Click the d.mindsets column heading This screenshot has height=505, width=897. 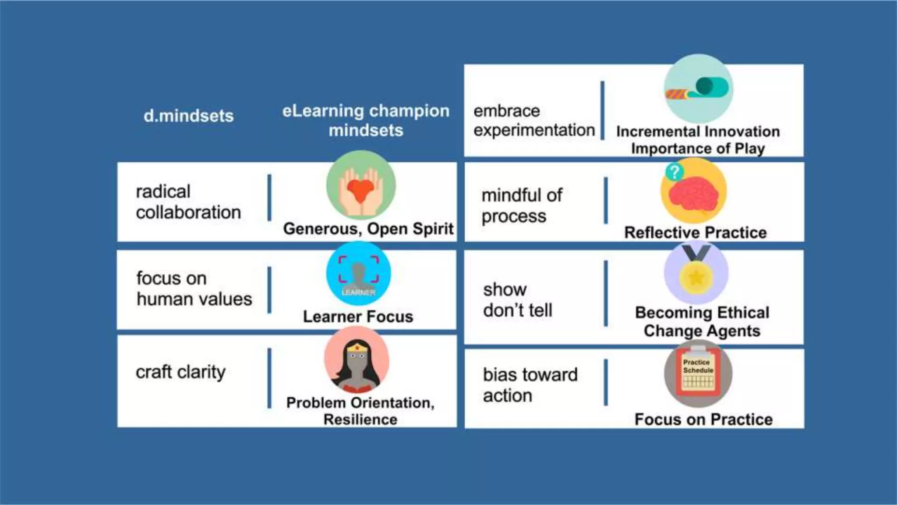pos(188,116)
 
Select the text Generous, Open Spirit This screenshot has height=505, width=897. pos(368,229)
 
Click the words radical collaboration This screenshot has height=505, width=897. pos(188,202)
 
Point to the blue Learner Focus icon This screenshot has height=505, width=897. pos(359,274)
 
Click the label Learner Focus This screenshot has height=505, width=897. pos(358,317)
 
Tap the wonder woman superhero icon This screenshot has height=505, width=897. pos(357,359)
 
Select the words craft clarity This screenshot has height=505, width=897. pos(180,372)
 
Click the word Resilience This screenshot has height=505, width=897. pos(360,420)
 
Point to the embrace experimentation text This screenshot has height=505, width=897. pos(533,121)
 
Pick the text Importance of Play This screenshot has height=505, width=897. pos(698,149)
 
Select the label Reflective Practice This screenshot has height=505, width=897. pos(696,233)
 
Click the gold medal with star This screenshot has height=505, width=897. pos(696,276)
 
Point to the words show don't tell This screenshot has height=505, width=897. pos(517,300)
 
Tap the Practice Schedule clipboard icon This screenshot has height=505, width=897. pos(698,373)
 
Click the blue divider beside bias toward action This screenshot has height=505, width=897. pos(606,382)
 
